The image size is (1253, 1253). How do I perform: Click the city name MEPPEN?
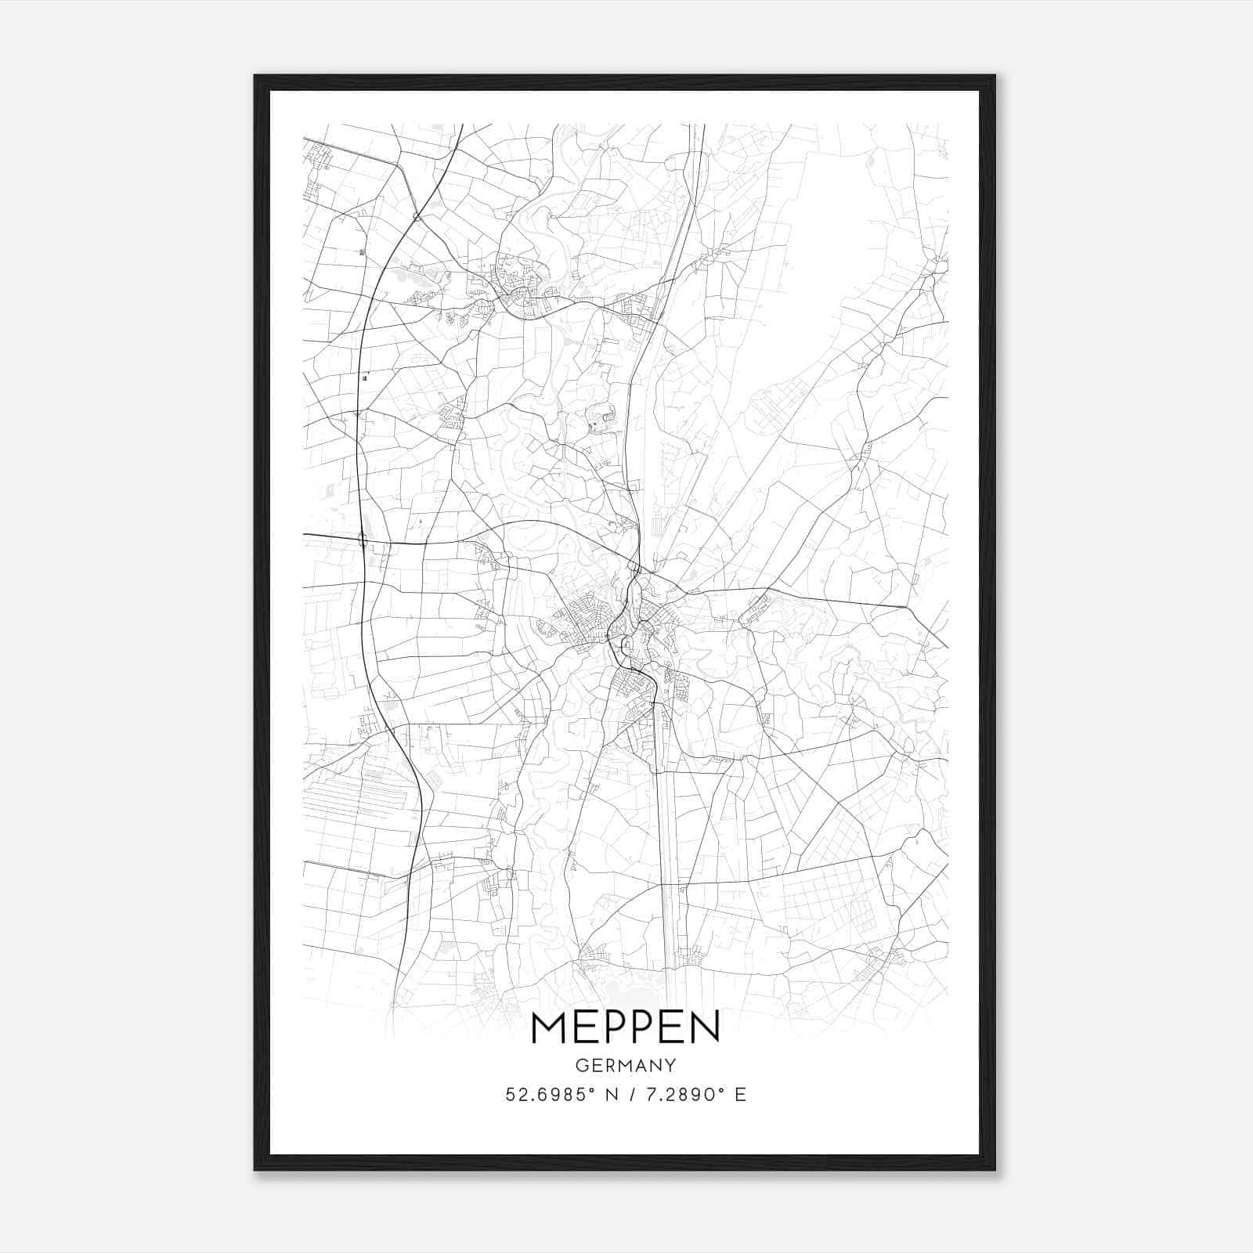point(625,1027)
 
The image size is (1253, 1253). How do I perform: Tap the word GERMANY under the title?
point(625,1066)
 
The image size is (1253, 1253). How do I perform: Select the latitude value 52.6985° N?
point(559,1095)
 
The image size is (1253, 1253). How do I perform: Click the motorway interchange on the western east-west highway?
point(363,540)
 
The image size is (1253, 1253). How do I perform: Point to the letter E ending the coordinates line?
point(740,1095)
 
